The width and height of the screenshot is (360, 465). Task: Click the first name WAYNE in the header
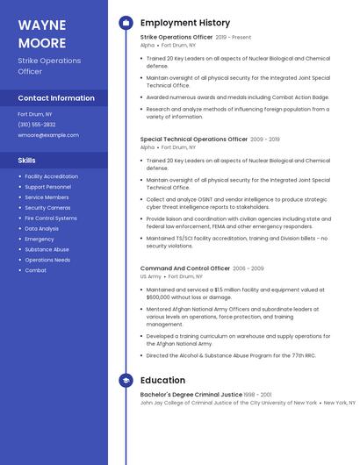click(x=41, y=25)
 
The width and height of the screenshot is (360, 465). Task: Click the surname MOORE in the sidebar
click(x=41, y=43)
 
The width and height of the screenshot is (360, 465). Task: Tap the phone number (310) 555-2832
click(x=37, y=125)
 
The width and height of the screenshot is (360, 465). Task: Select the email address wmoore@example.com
click(x=47, y=135)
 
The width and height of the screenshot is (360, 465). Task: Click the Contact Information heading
click(x=56, y=98)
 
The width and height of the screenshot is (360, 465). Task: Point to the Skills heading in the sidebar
click(x=27, y=161)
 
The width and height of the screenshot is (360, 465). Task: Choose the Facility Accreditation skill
click(x=51, y=176)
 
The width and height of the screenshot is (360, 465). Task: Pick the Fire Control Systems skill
click(x=50, y=218)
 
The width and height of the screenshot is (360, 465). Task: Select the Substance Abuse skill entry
click(x=47, y=249)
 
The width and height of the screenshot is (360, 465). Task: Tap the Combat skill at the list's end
click(x=35, y=270)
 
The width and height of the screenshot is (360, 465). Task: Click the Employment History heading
click(x=184, y=23)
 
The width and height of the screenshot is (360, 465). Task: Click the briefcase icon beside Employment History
click(x=126, y=23)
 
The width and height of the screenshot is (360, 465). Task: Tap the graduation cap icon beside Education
click(x=126, y=381)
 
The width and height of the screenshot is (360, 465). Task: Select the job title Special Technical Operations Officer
click(x=194, y=139)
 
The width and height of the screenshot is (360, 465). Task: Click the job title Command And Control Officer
click(x=184, y=268)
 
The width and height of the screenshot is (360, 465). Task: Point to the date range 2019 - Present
click(x=233, y=37)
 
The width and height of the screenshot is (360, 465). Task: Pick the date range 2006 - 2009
click(x=248, y=268)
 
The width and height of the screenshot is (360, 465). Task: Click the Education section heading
click(x=162, y=381)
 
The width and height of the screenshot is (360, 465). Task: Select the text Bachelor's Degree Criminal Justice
click(x=191, y=395)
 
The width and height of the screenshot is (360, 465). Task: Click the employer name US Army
click(x=150, y=276)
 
